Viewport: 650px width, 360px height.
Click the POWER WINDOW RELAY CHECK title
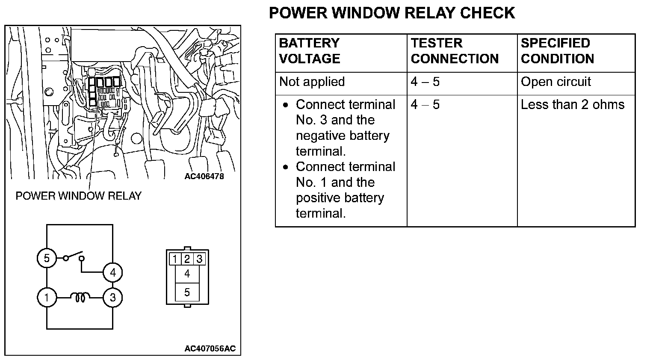[x=392, y=13]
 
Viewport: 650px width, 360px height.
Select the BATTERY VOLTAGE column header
[x=309, y=51]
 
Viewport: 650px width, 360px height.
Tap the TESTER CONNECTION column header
[x=455, y=51]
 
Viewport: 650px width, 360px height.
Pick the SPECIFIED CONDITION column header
[x=557, y=51]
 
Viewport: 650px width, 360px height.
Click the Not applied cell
[x=312, y=82]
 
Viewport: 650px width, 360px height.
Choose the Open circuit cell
[x=555, y=82]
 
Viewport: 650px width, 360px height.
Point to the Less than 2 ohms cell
[x=572, y=105]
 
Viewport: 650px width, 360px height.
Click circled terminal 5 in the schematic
[x=47, y=258]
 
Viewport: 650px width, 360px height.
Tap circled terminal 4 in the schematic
[x=112, y=272]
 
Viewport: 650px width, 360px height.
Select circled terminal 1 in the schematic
[x=47, y=297]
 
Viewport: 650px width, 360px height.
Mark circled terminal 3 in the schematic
[x=112, y=297]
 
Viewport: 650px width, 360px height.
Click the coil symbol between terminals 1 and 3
[x=80, y=297]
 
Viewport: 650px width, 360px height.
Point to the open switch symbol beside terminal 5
[x=73, y=257]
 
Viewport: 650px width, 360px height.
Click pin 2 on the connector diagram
[x=187, y=259]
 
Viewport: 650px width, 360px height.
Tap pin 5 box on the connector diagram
[x=187, y=292]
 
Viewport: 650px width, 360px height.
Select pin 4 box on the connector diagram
[x=187, y=274]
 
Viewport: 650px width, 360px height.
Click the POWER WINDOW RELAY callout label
[x=78, y=196]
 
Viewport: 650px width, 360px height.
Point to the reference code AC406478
[x=204, y=176]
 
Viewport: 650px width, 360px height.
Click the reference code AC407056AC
[x=210, y=348]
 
